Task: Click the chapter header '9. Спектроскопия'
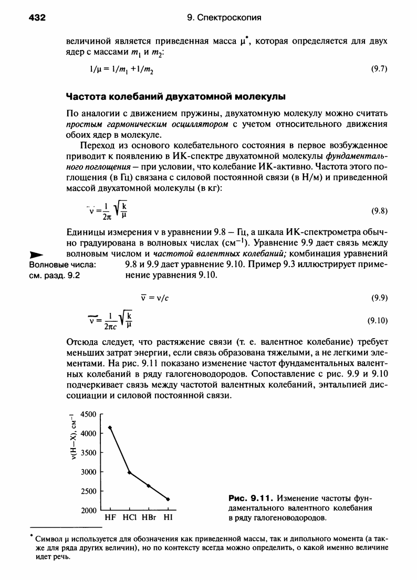coord(224,18)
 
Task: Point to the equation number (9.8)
coord(379,211)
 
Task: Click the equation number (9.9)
coord(379,297)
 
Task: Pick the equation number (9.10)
coord(378,319)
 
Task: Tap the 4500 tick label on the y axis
coord(88,414)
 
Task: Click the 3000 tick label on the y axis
coord(88,472)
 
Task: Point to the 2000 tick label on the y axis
coord(88,511)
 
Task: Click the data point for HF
coord(110,428)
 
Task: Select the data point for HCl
coord(129,473)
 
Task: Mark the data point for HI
coord(168,499)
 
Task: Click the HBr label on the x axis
coord(149,517)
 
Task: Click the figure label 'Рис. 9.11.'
coord(252,497)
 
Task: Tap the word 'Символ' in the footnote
coord(49,538)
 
